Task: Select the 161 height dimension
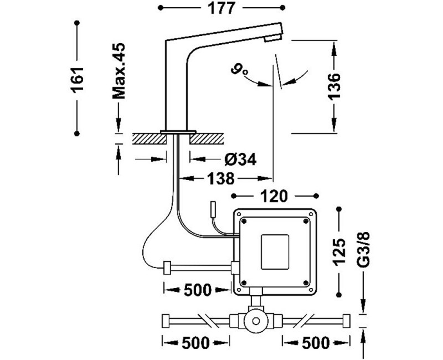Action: (77, 77)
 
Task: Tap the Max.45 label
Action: (120, 71)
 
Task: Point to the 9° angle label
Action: (240, 71)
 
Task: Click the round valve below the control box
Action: (256, 320)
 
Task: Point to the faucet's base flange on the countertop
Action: (178, 131)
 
